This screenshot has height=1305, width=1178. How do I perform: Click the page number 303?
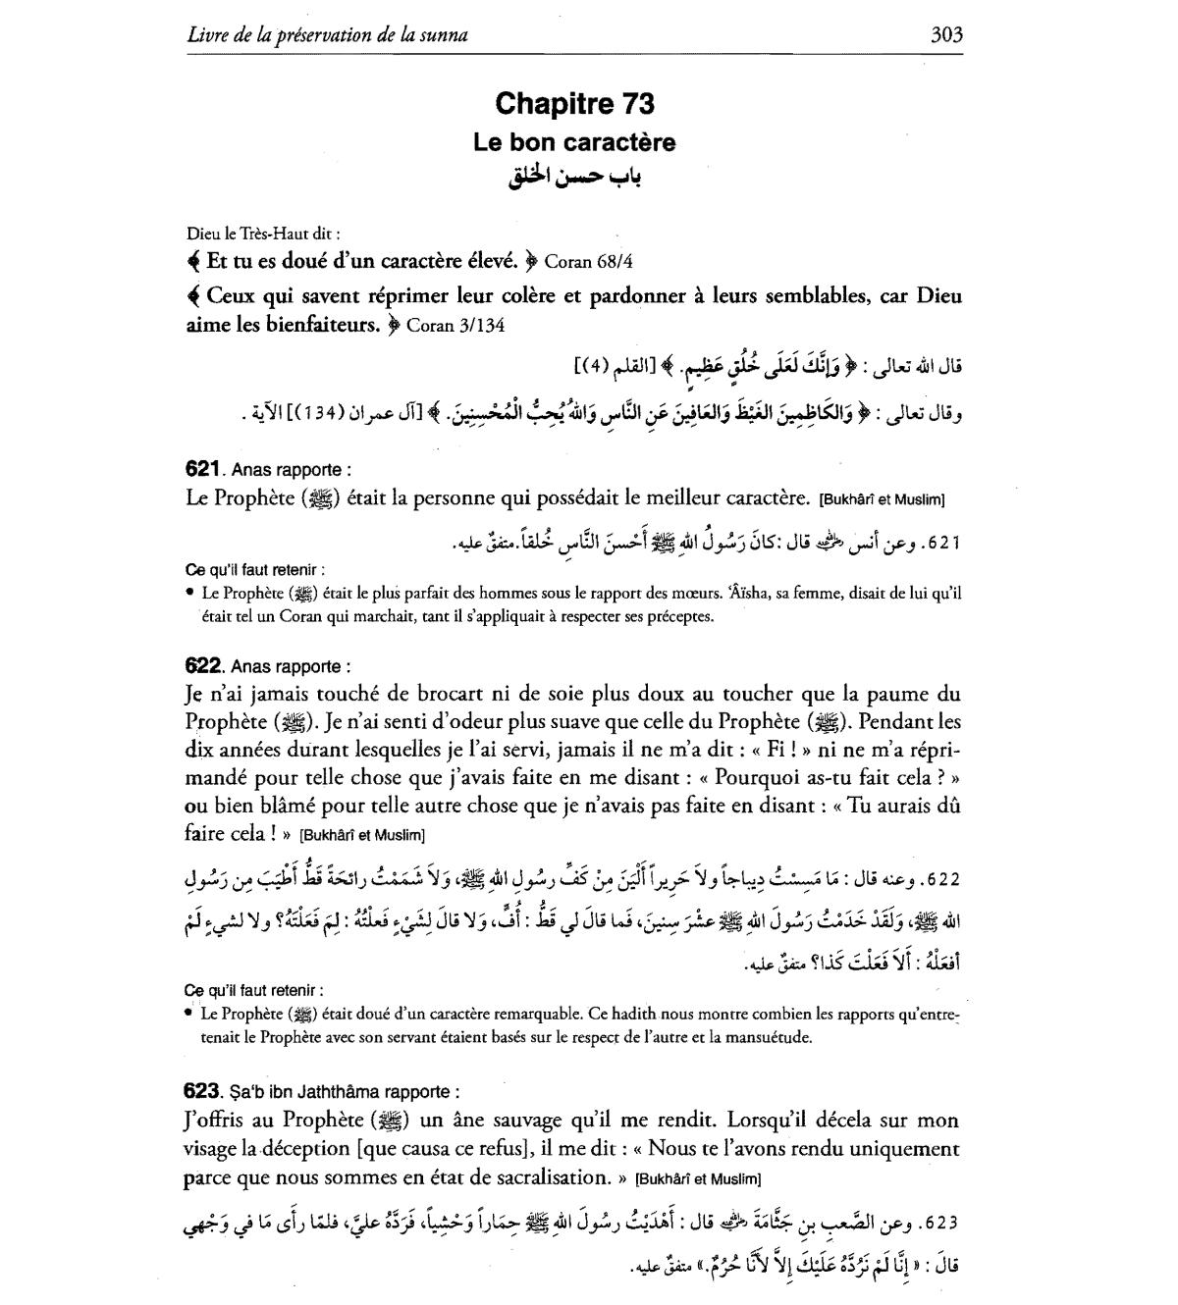point(946,35)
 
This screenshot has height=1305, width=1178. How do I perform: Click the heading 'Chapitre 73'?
point(574,103)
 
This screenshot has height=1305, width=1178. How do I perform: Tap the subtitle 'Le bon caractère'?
point(574,142)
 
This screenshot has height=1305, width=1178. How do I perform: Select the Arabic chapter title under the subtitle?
point(574,179)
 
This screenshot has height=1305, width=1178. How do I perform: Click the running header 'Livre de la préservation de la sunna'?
point(327,35)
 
